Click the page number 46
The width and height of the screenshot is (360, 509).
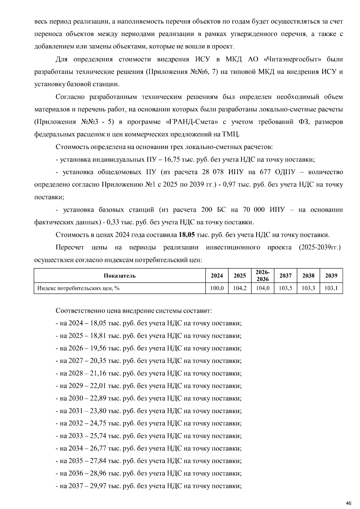click(348, 503)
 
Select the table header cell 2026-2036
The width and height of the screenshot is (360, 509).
click(262, 275)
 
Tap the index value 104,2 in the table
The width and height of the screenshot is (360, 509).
click(240, 288)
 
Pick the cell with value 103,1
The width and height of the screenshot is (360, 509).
click(331, 288)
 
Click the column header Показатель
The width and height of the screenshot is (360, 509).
click(120, 276)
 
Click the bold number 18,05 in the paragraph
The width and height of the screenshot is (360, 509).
click(187, 235)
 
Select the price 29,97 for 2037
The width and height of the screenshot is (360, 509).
click(98, 486)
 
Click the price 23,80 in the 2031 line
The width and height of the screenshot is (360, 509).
click(98, 411)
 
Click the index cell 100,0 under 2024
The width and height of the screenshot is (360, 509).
click(217, 288)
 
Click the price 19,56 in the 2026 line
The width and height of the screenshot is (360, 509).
click(98, 348)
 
